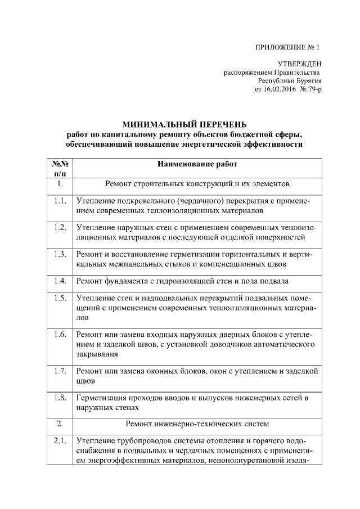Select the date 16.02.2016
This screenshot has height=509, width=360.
280,89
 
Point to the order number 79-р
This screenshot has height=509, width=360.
313,89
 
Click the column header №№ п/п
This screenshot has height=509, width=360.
60,169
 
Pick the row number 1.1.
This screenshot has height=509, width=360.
60,201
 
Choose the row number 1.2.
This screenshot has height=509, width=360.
60,227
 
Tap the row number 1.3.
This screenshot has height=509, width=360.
60,254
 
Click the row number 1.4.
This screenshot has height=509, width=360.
60,281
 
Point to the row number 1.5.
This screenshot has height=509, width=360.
60,298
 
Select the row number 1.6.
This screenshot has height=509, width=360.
60,335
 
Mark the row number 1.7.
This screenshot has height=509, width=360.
60,371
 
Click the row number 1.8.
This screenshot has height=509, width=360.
60,398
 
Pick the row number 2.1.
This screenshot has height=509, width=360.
60,440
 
